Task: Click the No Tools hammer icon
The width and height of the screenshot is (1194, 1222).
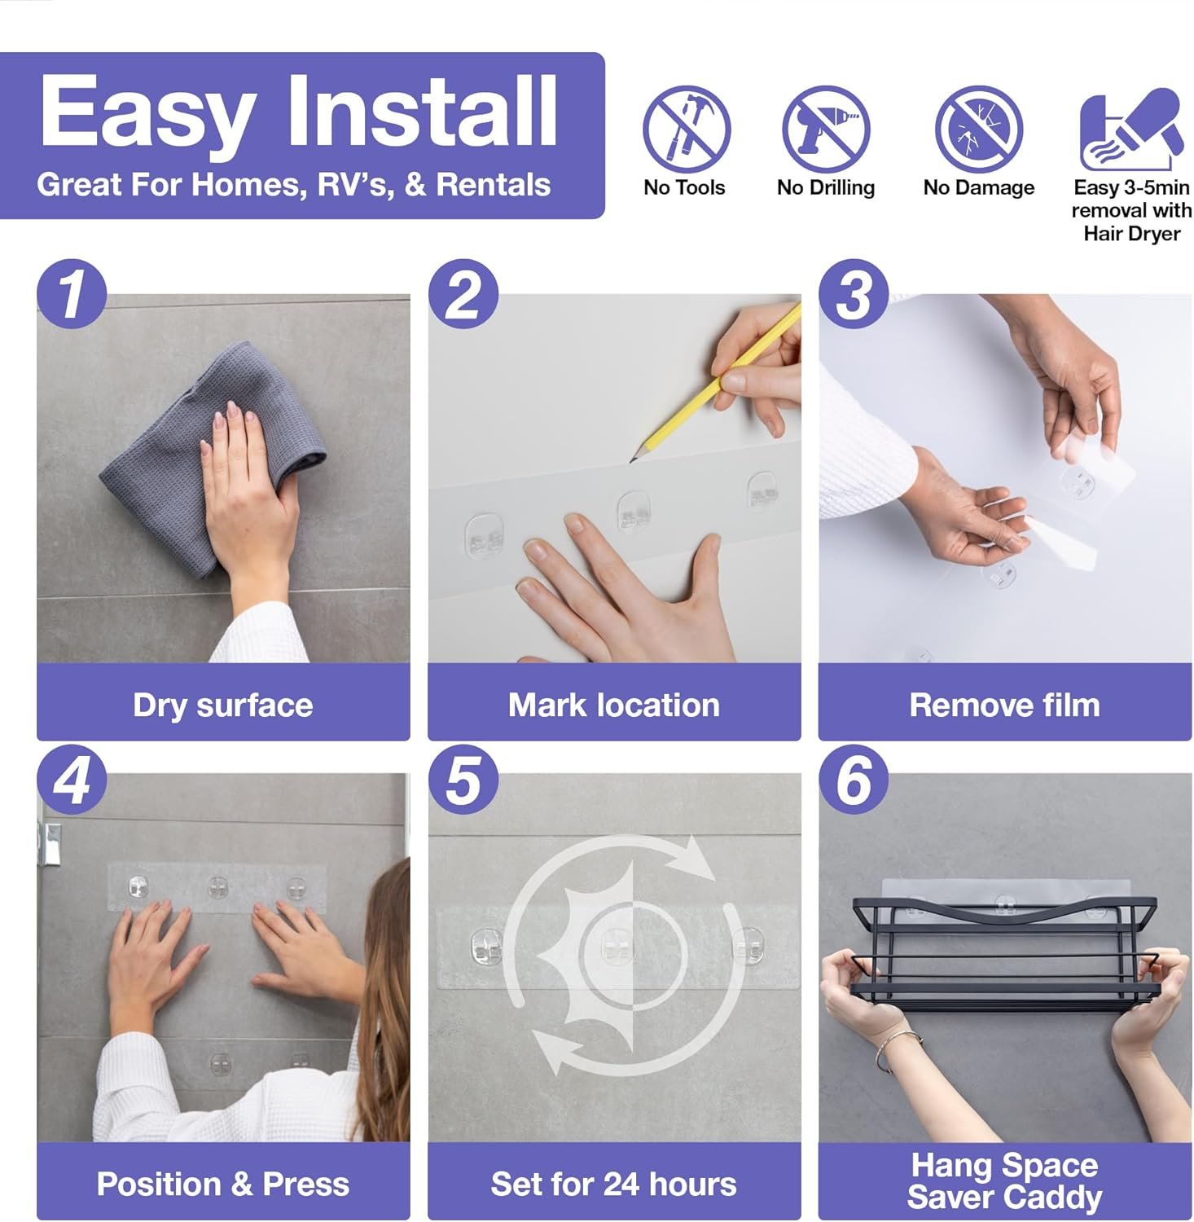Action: (686, 129)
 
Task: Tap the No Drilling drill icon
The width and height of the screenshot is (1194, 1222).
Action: (826, 129)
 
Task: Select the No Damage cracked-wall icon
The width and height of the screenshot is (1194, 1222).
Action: (978, 129)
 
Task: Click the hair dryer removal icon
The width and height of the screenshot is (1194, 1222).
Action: (1130, 129)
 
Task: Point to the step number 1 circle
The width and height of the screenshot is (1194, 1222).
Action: (72, 294)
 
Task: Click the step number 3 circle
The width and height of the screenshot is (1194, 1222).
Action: (853, 294)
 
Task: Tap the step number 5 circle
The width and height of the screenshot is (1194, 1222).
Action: (463, 780)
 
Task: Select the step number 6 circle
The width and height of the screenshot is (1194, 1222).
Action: (853, 780)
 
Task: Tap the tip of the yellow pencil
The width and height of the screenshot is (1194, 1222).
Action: (632, 461)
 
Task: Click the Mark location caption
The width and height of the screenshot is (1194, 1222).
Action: (613, 705)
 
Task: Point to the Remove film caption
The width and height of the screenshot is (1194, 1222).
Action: (1004, 705)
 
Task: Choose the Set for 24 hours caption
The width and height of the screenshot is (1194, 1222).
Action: (613, 1184)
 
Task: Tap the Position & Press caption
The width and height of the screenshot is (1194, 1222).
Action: (222, 1184)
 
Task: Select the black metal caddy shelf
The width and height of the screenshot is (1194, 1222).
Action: (1004, 953)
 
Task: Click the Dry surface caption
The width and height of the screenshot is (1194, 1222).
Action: (222, 705)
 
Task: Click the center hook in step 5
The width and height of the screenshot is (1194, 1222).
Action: (617, 945)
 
